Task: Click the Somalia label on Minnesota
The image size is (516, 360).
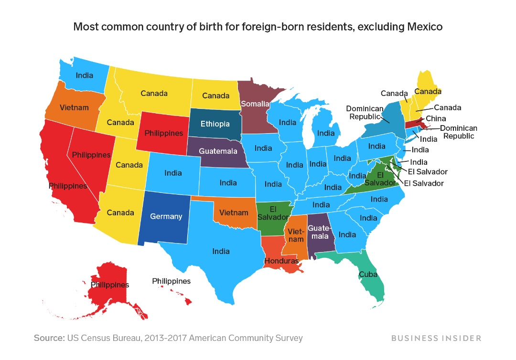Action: pos(255,104)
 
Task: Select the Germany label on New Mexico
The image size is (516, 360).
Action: pos(166,216)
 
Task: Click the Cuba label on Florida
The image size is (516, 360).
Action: pos(368,275)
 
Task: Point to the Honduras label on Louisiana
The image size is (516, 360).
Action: pos(281,261)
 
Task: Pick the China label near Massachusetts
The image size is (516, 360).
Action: pos(436,118)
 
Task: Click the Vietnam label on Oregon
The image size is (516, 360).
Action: pos(74,107)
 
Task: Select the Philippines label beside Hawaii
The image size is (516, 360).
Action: pos(171,281)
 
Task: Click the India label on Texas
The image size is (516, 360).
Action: pos(221,251)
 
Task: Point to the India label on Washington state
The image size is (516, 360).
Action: pos(85,75)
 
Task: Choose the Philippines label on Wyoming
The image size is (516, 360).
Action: pos(164,133)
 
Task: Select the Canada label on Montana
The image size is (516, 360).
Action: pos(154,94)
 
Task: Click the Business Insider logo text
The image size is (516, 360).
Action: pos(436,338)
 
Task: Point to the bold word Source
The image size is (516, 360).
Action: pos(49,338)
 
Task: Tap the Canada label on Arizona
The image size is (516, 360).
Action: pos(120,212)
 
